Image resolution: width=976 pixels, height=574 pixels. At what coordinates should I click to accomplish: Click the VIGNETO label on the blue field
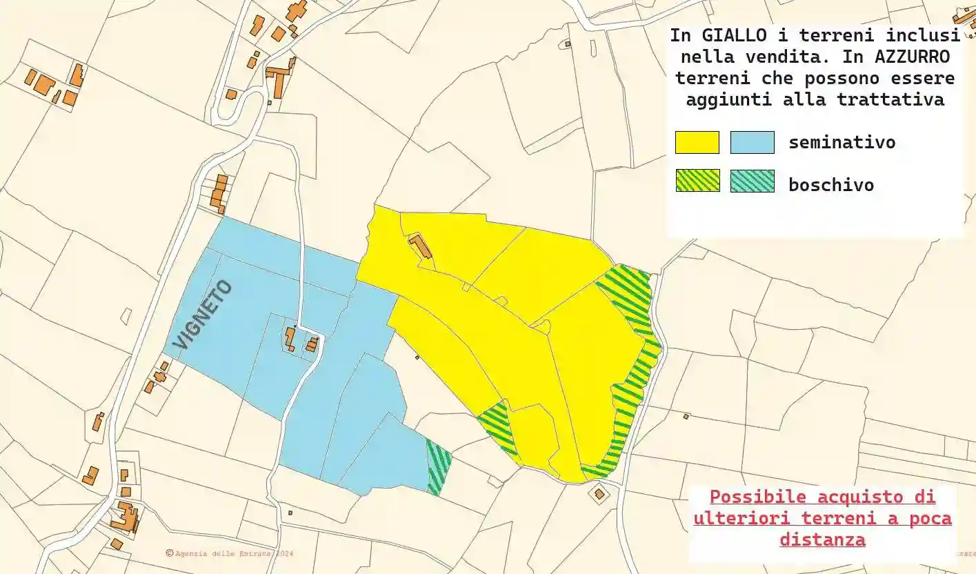[x=203, y=315]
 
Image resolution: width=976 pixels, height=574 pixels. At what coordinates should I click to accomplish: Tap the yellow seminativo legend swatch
[x=697, y=142]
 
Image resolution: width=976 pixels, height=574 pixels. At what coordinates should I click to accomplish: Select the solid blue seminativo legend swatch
[x=752, y=142]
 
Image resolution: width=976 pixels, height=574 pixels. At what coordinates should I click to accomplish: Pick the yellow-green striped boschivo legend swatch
[x=697, y=181]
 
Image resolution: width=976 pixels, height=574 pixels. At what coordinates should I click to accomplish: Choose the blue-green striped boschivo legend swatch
[x=752, y=181]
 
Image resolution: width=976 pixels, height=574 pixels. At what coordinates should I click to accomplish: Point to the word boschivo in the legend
[x=831, y=184]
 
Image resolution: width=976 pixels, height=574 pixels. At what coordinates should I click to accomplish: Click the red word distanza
[x=822, y=540]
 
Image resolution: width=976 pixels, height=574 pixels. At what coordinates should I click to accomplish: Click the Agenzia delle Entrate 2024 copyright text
[x=230, y=553]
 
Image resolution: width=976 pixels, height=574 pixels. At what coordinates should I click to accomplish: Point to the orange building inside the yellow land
[x=420, y=246]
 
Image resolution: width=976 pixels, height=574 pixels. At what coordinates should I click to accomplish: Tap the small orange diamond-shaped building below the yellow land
[x=599, y=494]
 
